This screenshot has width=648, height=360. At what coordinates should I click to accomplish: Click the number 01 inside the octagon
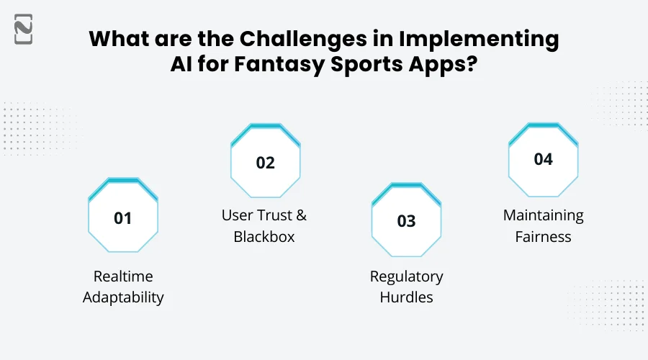(x=123, y=217)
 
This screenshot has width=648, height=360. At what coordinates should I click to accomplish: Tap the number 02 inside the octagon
(x=266, y=163)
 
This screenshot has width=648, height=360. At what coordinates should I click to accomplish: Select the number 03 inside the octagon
(x=407, y=221)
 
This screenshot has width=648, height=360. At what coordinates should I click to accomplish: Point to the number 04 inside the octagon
(x=543, y=159)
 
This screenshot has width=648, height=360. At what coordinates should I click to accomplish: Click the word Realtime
(x=123, y=276)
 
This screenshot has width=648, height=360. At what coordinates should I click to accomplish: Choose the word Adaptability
(x=123, y=297)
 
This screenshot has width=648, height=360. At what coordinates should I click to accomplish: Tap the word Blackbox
(x=264, y=236)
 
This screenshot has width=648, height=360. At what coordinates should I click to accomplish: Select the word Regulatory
(x=407, y=276)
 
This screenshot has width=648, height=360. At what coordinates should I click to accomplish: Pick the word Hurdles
(x=407, y=297)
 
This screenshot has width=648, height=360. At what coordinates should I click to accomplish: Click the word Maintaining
(x=544, y=215)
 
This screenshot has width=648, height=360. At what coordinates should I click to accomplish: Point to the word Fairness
(x=544, y=236)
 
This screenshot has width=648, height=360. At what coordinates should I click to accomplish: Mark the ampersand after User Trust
(x=302, y=215)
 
